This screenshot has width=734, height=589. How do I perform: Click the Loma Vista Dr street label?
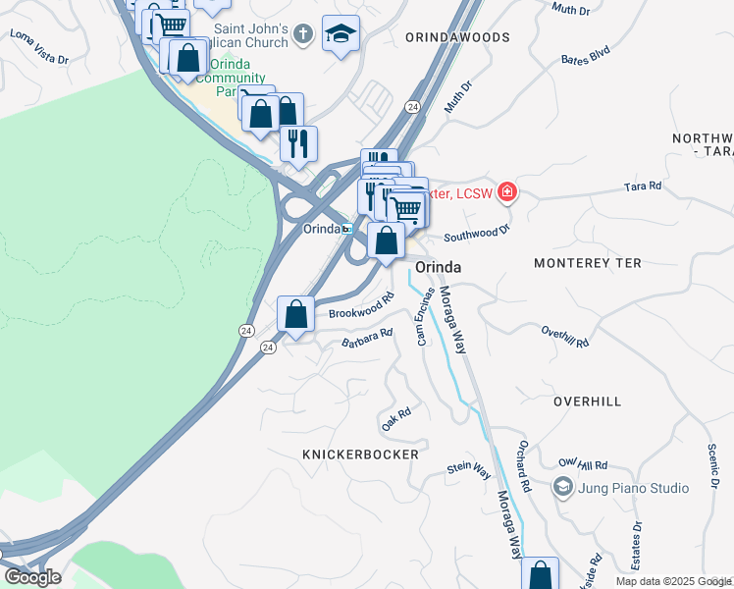point(39,46)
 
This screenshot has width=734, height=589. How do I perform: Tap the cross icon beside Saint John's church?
point(304,34)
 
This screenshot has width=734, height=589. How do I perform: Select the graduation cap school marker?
point(341,34)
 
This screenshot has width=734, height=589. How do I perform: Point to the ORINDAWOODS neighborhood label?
point(457,37)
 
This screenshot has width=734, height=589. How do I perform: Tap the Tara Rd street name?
point(642,185)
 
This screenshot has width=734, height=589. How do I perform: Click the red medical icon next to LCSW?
point(506,191)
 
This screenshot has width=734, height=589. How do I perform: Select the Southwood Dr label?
point(478,233)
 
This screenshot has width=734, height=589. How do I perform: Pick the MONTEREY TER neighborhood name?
point(587,263)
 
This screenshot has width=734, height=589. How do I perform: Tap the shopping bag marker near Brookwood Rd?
point(295,315)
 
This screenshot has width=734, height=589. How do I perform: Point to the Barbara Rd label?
point(367,338)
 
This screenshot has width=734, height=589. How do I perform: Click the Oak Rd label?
point(395,419)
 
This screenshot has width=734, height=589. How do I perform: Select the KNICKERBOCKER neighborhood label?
point(360,455)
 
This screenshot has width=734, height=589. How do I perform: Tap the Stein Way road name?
point(469,470)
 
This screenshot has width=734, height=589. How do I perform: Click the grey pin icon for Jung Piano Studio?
point(563,486)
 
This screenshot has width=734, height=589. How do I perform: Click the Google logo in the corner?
point(31,577)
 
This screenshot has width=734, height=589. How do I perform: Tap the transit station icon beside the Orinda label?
point(346,229)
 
